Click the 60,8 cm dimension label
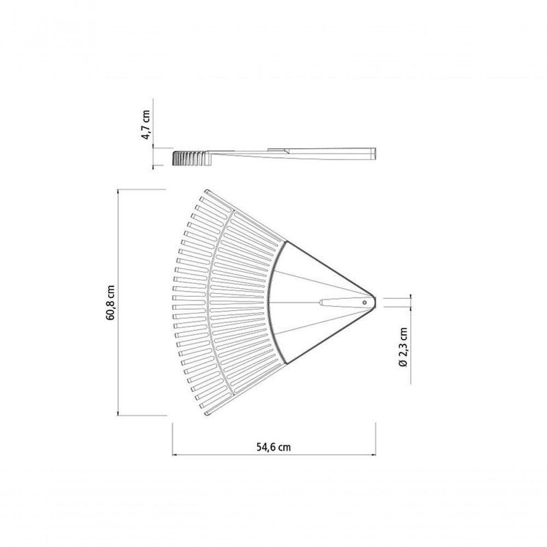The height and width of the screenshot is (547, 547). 111,302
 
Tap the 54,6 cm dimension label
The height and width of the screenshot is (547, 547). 274,447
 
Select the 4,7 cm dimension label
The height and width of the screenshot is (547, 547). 146,125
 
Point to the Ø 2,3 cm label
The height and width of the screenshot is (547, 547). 403,347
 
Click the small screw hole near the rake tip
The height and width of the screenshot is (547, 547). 364,302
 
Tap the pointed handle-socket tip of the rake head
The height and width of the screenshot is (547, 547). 375,302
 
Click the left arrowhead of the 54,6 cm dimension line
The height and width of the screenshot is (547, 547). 174,455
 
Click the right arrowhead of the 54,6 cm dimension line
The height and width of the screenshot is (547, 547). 374,455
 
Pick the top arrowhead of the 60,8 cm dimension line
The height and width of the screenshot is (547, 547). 119,191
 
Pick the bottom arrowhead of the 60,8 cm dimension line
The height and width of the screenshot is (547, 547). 119,413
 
